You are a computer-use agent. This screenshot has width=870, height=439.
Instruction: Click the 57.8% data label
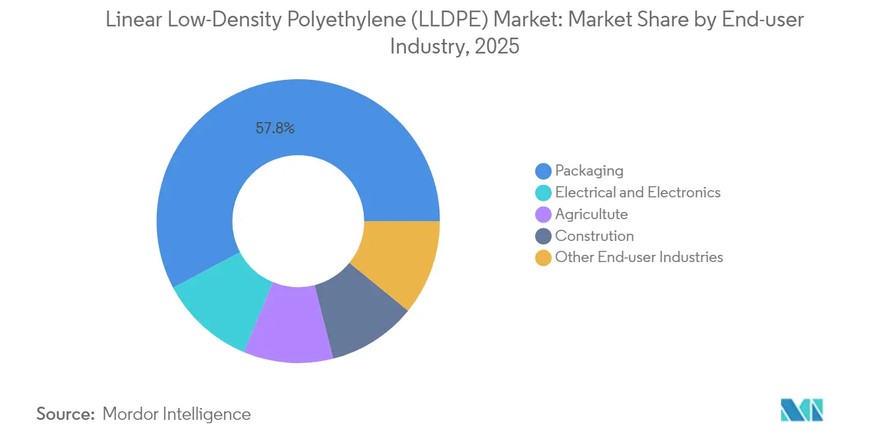tap(275, 129)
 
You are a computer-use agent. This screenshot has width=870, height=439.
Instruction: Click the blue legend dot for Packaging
tap(543, 171)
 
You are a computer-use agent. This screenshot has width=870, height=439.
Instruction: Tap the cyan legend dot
tap(543, 193)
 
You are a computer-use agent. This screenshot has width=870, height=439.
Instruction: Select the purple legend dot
tap(543, 215)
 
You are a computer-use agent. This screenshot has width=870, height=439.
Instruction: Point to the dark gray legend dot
tap(543, 236)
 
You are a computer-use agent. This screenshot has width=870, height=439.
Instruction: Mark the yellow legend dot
tap(543, 258)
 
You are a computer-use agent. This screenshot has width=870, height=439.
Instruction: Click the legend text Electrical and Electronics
tap(637, 193)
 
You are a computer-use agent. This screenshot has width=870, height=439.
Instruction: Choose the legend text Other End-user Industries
tap(639, 257)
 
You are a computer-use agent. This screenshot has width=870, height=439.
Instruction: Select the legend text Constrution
tap(594, 236)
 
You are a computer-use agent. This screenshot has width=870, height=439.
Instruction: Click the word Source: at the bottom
tap(66, 415)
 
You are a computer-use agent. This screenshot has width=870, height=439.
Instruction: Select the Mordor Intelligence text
tap(177, 415)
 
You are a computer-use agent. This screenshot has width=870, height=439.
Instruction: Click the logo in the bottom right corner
tap(801, 410)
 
